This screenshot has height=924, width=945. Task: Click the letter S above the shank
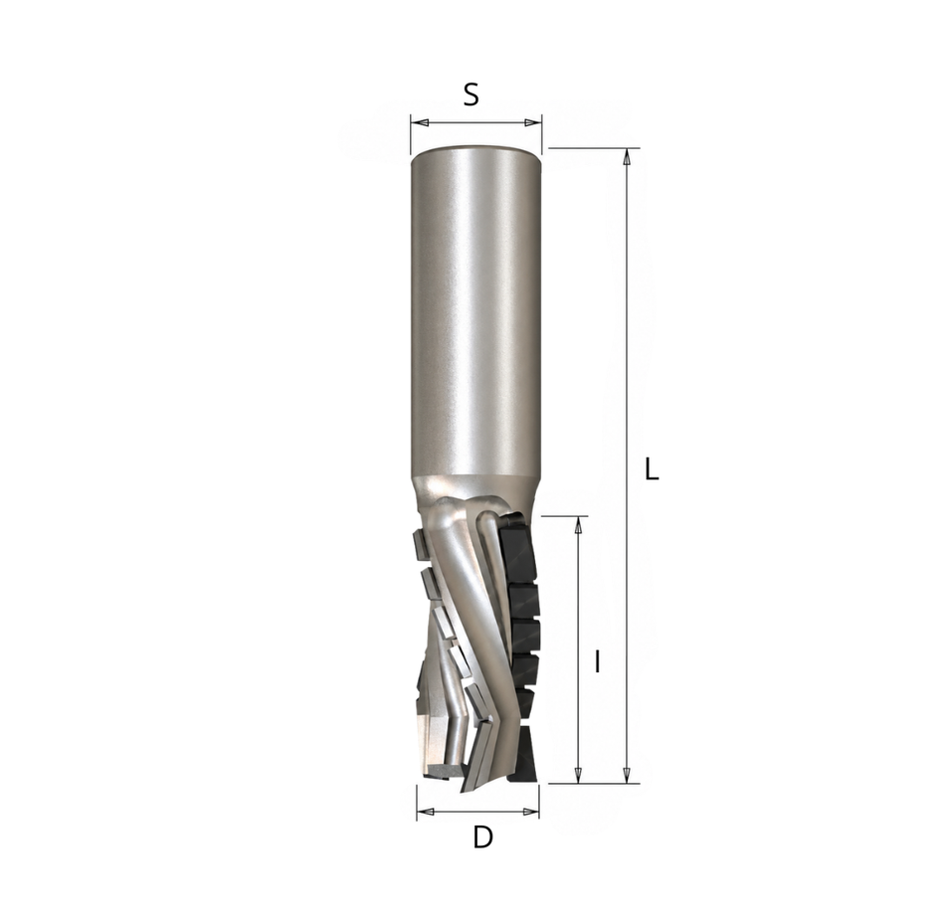(471, 94)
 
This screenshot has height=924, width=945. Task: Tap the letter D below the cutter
(482, 837)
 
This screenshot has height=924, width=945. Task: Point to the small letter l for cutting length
(597, 661)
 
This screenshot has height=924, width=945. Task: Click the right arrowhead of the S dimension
(533, 123)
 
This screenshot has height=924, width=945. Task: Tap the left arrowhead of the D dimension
(426, 812)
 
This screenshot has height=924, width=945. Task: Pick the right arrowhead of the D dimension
(531, 812)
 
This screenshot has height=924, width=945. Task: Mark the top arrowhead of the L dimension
(627, 157)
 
